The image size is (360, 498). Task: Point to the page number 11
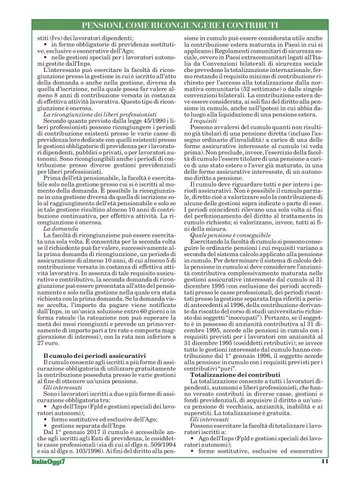click(x=324, y=478)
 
